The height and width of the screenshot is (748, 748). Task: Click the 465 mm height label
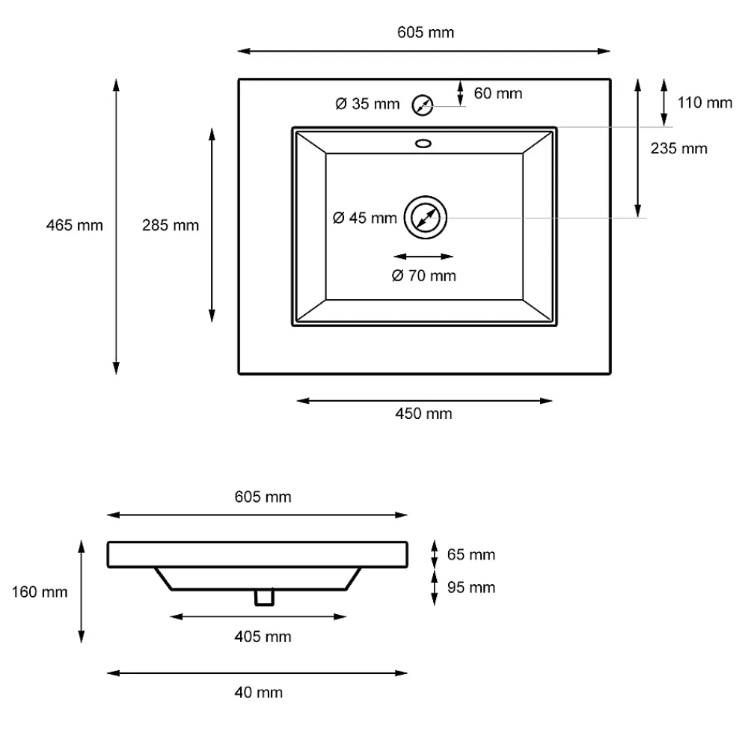coord(74,225)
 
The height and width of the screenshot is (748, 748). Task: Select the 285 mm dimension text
coord(171,225)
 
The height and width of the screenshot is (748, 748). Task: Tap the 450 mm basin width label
coord(423,413)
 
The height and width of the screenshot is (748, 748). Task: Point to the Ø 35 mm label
coord(367,103)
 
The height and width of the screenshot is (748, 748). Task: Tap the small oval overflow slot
coord(423,143)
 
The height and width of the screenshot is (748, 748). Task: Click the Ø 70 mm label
coord(423,275)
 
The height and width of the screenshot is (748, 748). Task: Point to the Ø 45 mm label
coord(365,218)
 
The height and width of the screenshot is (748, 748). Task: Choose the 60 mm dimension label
coord(498,93)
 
